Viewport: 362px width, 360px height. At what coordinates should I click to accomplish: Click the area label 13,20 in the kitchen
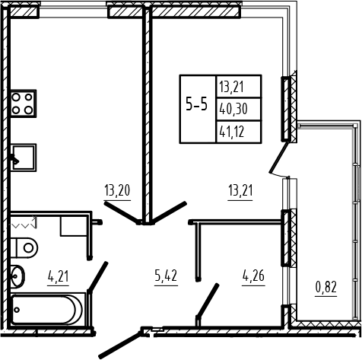tap(117, 190)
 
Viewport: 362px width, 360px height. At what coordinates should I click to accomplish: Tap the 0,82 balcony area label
tap(326, 287)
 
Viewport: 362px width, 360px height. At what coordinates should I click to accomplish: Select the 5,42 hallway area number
tap(166, 276)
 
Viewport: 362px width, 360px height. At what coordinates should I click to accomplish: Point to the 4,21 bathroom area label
tap(58, 276)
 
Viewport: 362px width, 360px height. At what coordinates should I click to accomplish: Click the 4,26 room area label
tap(253, 276)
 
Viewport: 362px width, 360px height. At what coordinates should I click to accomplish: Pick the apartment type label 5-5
tap(197, 104)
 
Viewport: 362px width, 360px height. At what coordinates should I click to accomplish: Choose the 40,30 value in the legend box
tap(233, 110)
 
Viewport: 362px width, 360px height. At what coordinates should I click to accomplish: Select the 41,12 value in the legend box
tap(232, 132)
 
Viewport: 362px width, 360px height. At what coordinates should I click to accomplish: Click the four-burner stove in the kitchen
tap(23, 104)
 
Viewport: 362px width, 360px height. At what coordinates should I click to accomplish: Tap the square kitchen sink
tap(24, 158)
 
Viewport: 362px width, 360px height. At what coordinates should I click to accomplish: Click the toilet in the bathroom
tap(24, 248)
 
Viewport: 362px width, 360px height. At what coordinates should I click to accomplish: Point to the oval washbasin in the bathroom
tap(17, 276)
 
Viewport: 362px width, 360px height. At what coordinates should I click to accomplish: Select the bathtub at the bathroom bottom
tap(48, 310)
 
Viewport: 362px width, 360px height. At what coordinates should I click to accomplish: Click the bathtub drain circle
tap(17, 310)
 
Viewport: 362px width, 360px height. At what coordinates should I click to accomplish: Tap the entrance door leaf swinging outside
tap(119, 344)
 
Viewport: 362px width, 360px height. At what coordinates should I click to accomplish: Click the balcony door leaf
tap(279, 158)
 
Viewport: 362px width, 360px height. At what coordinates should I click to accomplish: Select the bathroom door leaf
tap(98, 276)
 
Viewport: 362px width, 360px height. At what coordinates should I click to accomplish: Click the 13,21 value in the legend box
tap(232, 87)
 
